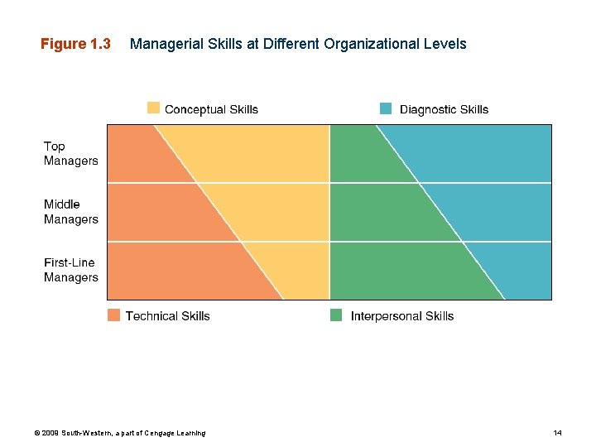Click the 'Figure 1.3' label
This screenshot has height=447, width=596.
click(75, 44)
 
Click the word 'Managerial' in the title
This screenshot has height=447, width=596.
click(161, 44)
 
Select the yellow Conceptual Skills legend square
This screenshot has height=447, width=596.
click(153, 108)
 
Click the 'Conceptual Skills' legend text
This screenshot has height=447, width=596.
click(211, 109)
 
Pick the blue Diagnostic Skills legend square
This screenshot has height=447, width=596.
click(386, 108)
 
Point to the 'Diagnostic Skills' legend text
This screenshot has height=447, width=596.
click(444, 109)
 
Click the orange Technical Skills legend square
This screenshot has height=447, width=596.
click(113, 315)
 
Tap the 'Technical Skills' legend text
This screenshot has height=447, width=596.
click(167, 315)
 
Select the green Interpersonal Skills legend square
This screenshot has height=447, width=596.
click(336, 315)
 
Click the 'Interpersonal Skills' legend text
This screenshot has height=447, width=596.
click(401, 315)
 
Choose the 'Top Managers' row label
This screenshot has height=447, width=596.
click(70, 153)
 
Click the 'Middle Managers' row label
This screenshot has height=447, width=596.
click(70, 211)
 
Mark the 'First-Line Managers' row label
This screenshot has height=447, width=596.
click(70, 270)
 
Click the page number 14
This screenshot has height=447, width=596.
click(557, 433)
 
